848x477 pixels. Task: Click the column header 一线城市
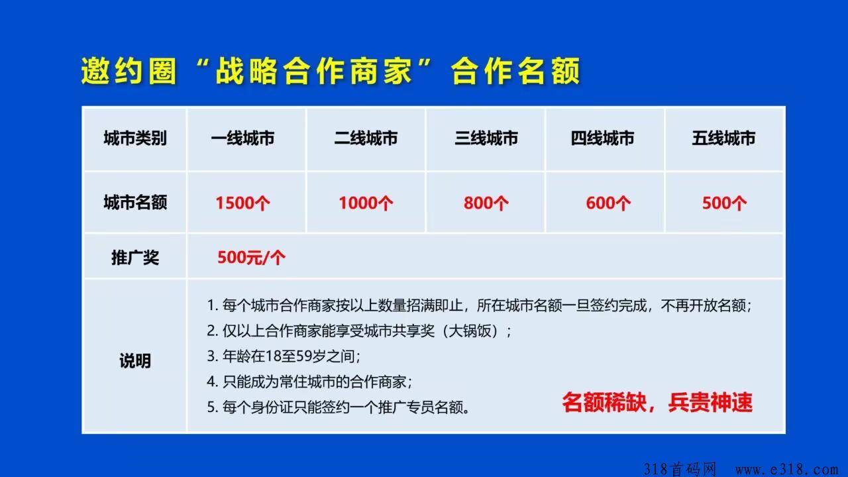tap(242, 138)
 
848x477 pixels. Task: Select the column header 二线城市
tap(366, 138)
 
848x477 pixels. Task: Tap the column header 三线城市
tap(486, 138)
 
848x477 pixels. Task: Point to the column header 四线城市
tap(602, 138)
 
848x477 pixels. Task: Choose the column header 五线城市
tap(723, 138)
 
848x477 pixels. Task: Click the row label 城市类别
tap(135, 138)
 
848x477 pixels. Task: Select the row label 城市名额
tap(135, 202)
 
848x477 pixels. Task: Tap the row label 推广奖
tap(135, 258)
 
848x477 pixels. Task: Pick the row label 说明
tap(135, 361)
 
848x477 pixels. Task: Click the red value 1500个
tap(242, 203)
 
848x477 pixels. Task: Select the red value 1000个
tap(366, 203)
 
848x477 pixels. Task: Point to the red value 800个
tap(486, 203)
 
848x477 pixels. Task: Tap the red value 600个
tap(608, 203)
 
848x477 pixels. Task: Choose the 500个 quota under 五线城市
tap(725, 203)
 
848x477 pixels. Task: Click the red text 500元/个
tap(251, 258)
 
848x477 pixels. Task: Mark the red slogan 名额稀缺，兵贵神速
tap(657, 402)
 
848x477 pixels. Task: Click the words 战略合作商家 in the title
tap(314, 71)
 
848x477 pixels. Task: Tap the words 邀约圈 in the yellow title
tap(129, 71)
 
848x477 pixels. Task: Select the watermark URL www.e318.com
tap(786, 470)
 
